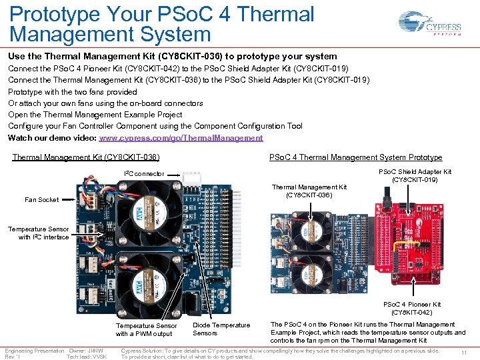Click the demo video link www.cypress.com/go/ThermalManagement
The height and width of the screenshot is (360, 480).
coord(181,138)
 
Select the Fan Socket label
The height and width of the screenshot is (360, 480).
coord(41,199)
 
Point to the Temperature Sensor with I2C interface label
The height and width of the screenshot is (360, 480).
coord(39,233)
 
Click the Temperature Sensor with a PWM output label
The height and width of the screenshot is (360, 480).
coord(146,329)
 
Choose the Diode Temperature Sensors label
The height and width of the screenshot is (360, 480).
coord(221,329)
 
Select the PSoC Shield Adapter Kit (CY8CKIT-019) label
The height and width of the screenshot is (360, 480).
coord(415,176)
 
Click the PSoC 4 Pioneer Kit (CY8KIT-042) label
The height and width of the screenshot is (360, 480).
coord(411,308)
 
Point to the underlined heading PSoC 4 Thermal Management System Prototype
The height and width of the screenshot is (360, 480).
coord(355,157)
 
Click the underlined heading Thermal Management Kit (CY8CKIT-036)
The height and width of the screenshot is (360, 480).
coord(86,157)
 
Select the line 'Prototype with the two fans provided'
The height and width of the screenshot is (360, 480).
coord(72,92)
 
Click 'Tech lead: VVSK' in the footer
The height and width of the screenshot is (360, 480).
coord(87,357)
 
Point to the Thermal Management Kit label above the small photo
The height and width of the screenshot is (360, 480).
coord(309,191)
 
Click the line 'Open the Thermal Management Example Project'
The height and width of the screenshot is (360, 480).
coord(94,115)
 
